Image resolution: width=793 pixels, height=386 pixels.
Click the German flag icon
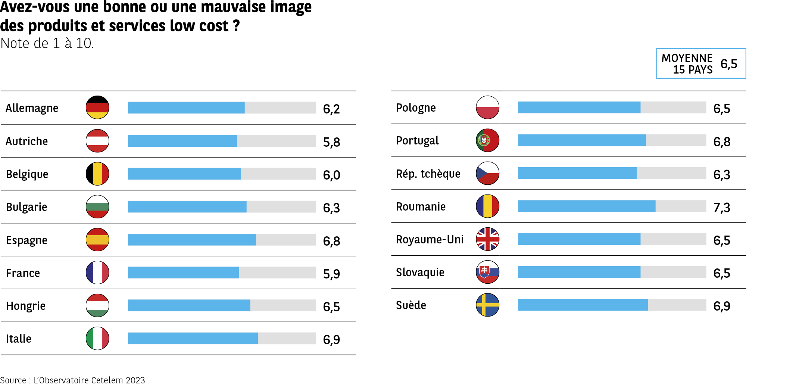pyautogui.click(x=97, y=108)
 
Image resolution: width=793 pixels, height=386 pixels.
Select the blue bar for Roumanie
pyautogui.click(x=586, y=206)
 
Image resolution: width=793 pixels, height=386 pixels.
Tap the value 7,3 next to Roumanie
pyautogui.click(x=721, y=208)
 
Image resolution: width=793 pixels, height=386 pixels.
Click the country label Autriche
pyautogui.click(x=27, y=141)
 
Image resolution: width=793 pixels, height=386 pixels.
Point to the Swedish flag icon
pyautogui.click(x=487, y=305)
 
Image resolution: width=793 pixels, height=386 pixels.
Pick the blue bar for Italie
pyautogui.click(x=193, y=338)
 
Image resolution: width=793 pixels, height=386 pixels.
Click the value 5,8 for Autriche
pyautogui.click(x=331, y=142)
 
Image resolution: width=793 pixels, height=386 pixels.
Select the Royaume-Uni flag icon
pyautogui.click(x=487, y=239)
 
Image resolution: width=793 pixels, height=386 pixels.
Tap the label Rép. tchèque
pyautogui.click(x=428, y=174)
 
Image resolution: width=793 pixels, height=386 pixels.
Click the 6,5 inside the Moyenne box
pyautogui.click(x=728, y=64)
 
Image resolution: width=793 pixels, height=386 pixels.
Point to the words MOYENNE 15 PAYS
pyautogui.click(x=687, y=64)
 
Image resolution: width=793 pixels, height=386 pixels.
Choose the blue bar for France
pyautogui.click(x=183, y=273)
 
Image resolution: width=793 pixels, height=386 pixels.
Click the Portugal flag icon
pyautogui.click(x=487, y=140)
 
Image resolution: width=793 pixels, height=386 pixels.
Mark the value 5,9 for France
pyautogui.click(x=331, y=274)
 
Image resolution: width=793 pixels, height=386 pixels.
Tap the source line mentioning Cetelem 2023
pyautogui.click(x=72, y=380)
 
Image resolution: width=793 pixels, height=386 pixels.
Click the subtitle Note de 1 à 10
pyautogui.click(x=47, y=43)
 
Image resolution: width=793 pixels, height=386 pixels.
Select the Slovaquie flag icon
pyautogui.click(x=487, y=272)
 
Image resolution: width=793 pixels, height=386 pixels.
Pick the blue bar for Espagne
pyautogui.click(x=192, y=240)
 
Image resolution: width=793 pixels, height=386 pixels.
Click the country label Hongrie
pyautogui.click(x=26, y=306)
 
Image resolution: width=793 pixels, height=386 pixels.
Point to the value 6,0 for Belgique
pyautogui.click(x=331, y=175)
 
